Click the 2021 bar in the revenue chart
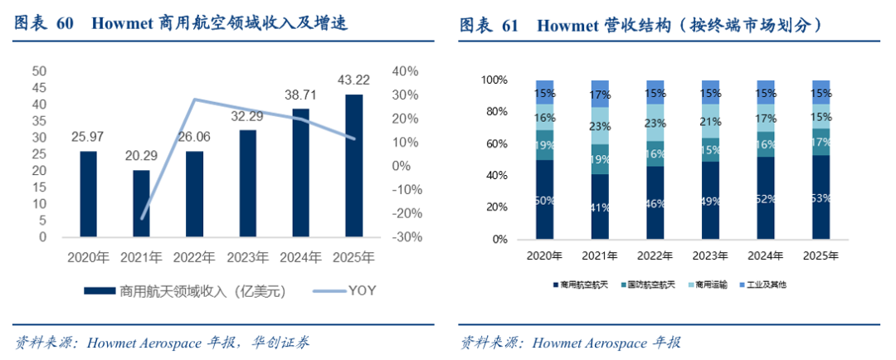142,203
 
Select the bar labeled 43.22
353,166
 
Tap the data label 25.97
88,135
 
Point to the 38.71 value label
300,95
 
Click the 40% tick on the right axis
407,71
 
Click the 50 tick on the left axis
38,71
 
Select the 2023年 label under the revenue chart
247,257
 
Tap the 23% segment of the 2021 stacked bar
601,126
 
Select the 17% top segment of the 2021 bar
601,94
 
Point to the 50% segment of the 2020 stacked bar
545,200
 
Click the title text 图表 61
489,26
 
